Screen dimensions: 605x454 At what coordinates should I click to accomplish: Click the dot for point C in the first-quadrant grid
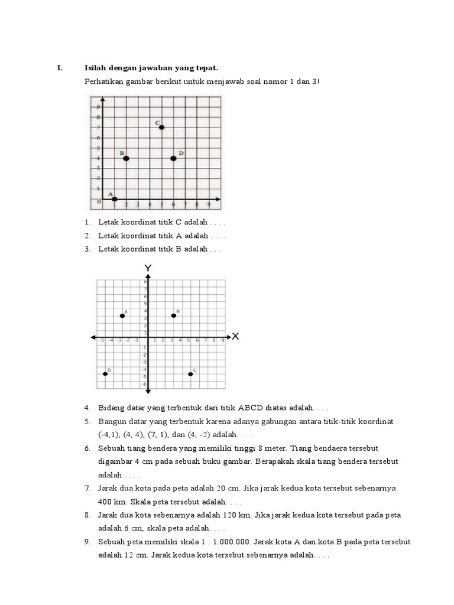pos(161,128)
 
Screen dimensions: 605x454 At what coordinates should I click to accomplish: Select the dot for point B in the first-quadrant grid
pos(126,158)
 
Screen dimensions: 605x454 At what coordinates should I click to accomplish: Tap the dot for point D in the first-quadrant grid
pos(173,158)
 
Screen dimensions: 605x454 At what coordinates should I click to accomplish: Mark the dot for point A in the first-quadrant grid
pos(114,199)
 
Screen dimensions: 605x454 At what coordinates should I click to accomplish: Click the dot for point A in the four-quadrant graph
pos(122,315)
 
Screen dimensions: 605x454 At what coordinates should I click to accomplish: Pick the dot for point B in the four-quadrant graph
pos(174,315)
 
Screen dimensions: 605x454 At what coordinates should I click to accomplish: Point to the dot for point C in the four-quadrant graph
pos(190,374)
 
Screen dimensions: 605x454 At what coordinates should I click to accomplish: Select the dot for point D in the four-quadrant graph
pos(105,374)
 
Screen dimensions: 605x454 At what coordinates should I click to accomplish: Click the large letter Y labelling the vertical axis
pos(148,268)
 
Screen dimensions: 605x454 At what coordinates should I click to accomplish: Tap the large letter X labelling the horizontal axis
pos(235,337)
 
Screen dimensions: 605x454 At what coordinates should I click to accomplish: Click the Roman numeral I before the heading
pos(59,68)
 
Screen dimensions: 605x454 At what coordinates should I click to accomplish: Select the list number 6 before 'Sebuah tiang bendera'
pos(86,448)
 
